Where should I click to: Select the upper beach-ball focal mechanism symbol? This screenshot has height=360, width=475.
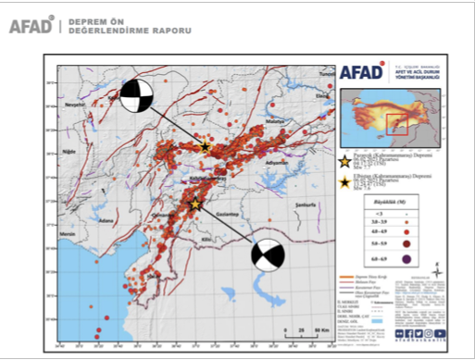point(137,96)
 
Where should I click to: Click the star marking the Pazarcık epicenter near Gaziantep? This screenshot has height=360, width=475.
point(194,205)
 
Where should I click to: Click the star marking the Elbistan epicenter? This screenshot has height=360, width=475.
point(206,145)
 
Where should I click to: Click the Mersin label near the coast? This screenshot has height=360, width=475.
point(66,235)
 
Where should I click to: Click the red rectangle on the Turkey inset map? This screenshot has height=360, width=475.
point(396,121)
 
